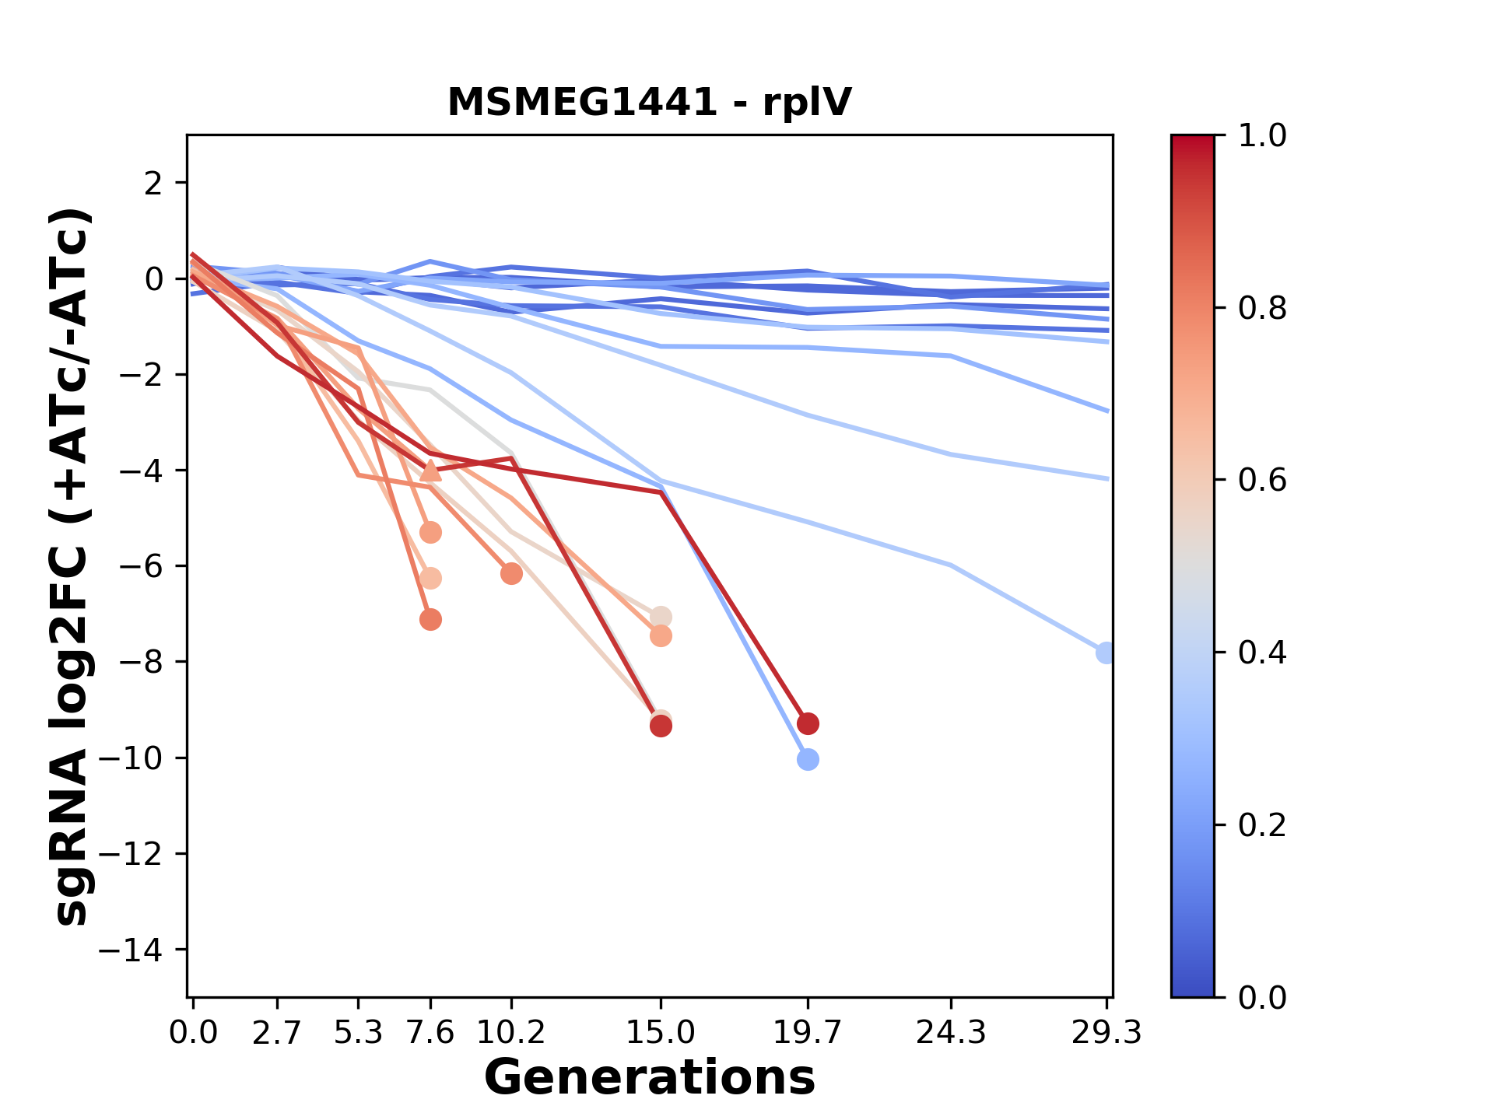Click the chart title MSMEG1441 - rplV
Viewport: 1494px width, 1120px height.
650,103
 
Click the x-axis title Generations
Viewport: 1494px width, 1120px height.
650,1078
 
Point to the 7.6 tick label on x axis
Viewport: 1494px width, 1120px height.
430,1033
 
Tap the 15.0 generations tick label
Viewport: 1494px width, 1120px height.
660,1033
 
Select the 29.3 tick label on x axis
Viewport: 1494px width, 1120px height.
1106,1033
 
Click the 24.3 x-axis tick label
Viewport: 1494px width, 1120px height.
951,1033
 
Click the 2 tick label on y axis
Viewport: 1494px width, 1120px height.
154,184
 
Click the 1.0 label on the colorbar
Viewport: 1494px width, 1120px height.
1262,136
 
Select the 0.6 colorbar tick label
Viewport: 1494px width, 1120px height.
1262,481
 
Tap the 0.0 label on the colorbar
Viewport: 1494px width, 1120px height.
1262,997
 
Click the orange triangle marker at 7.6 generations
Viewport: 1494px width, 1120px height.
430,471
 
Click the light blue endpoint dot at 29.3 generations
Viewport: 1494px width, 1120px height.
1106,653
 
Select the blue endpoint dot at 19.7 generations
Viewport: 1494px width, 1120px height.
808,759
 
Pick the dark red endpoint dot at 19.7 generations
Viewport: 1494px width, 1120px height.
808,724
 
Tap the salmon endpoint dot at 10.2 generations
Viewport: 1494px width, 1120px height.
511,574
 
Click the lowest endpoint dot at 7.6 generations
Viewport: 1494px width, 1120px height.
430,620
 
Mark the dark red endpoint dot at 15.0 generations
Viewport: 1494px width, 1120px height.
661,726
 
